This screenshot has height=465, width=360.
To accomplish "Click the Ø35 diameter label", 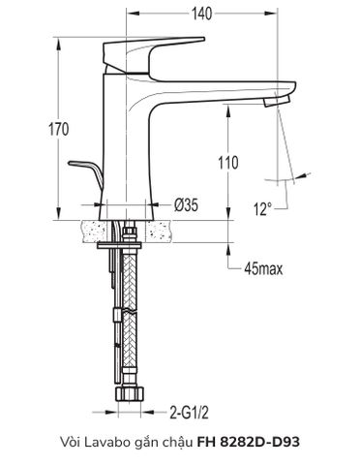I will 187,205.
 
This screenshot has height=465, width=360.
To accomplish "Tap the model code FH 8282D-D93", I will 249,441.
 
